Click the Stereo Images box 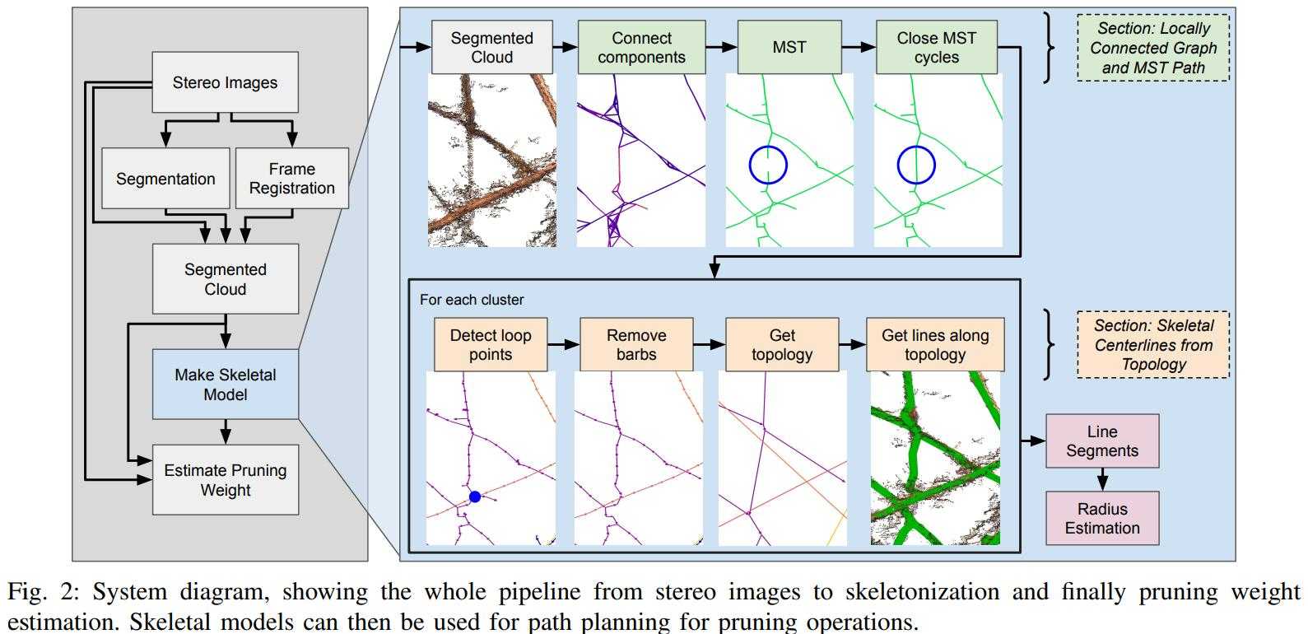click(225, 82)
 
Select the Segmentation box click(165, 179)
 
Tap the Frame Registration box click(292, 179)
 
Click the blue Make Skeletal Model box click(225, 385)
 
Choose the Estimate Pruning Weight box click(225, 480)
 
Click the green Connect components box click(641, 48)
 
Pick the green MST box click(789, 48)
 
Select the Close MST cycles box click(936, 48)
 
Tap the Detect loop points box click(490, 345)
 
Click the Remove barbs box click(636, 345)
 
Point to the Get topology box click(782, 345)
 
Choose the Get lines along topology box click(935, 345)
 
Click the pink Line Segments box click(1102, 441)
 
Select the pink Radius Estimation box click(1102, 519)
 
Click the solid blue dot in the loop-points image click(475, 496)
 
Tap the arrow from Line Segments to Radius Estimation click(1102, 480)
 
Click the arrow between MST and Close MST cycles click(858, 48)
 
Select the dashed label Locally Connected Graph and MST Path click(1152, 48)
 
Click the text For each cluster click(472, 300)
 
